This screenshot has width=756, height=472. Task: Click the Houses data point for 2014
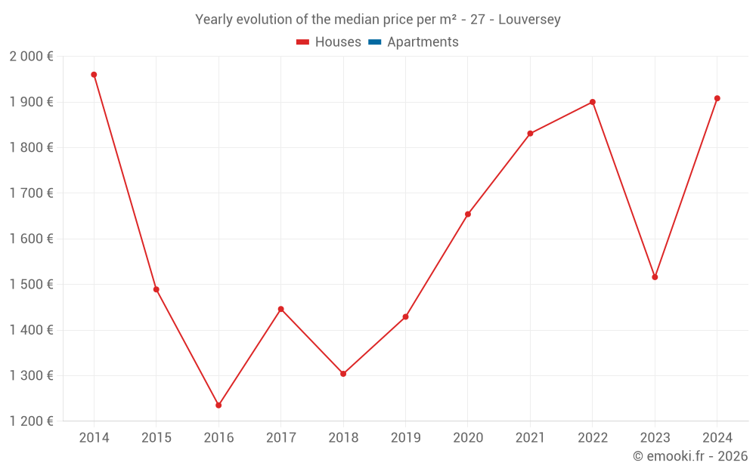click(x=94, y=75)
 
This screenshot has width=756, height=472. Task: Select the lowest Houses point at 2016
click(x=218, y=406)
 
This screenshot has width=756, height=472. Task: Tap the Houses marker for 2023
click(x=655, y=277)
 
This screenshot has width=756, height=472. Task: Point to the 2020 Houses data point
click(x=468, y=214)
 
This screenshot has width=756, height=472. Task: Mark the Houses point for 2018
click(x=343, y=374)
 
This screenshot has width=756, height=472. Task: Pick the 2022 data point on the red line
click(x=593, y=102)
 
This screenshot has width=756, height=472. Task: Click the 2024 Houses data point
click(x=717, y=98)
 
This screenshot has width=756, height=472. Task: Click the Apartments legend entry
click(x=423, y=42)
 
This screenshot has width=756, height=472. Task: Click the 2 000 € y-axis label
click(x=31, y=57)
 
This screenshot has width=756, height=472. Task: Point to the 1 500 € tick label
click(x=31, y=285)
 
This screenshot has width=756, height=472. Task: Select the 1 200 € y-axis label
click(x=31, y=421)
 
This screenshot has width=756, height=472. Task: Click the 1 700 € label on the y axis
click(x=31, y=193)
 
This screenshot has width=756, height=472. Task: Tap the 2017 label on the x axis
click(x=281, y=438)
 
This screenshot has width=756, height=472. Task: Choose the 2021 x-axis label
click(x=530, y=438)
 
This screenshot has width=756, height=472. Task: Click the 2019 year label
click(x=405, y=438)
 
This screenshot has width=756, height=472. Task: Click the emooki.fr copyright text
click(x=690, y=456)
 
